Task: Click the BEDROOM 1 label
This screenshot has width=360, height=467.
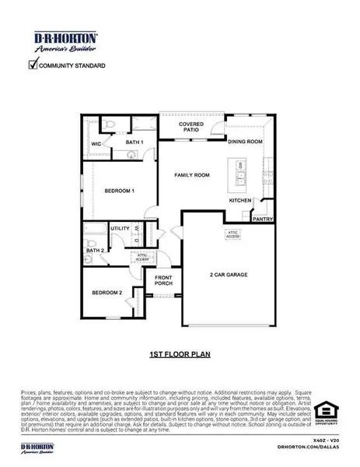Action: [x=121, y=190]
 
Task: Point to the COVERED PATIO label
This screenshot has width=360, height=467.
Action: [x=190, y=127]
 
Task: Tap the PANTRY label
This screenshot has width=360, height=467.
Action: [x=261, y=219]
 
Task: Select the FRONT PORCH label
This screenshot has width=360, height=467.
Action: [x=163, y=281]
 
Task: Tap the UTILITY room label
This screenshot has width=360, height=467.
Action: [x=119, y=228]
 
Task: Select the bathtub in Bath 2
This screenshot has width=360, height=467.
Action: [x=94, y=231]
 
